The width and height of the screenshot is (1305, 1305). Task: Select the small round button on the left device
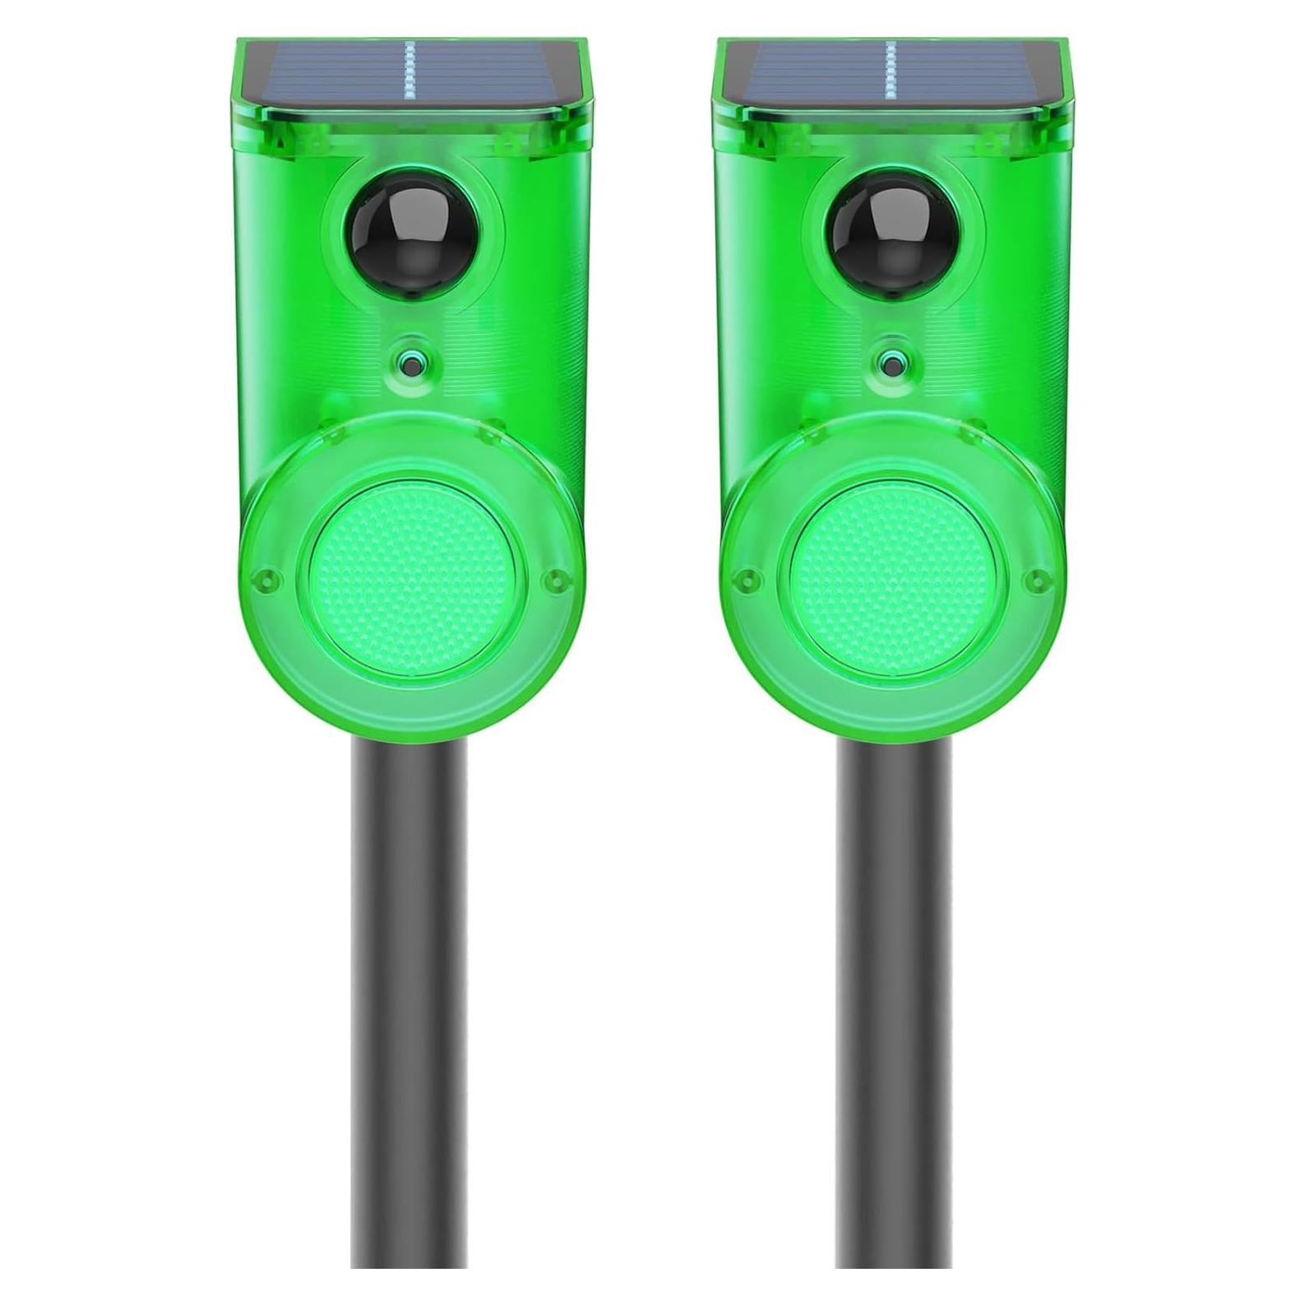(408, 360)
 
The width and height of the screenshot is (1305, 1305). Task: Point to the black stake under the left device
(409, 987)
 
